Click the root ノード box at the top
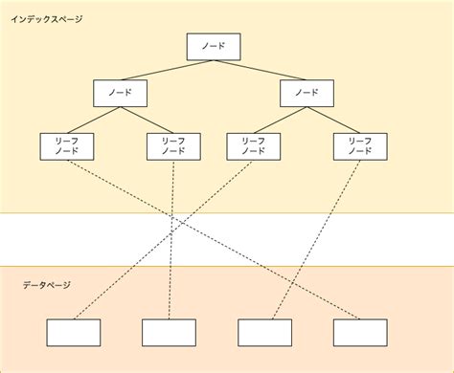tap(213, 47)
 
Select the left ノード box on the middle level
tap(121, 93)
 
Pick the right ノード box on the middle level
tap(306, 93)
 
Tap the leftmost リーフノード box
tap(67, 145)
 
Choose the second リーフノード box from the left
tap(173, 145)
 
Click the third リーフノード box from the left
tap(254, 145)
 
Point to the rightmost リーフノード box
tap(360, 145)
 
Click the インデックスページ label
tap(47, 19)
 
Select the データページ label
tap(46, 285)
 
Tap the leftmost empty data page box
tap(74, 332)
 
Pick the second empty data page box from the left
tap(170, 332)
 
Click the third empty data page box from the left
tap(265, 332)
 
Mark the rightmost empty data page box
tap(361, 332)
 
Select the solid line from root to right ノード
tap(259, 71)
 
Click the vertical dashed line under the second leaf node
tap(171, 239)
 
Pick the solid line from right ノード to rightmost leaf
tap(333, 120)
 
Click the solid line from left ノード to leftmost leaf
tap(94, 120)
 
